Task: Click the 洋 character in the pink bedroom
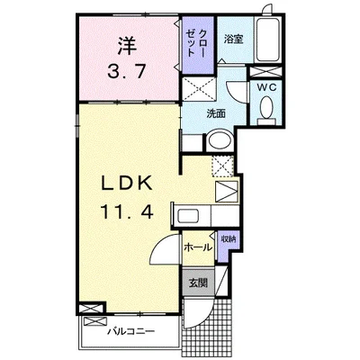(x=127, y=46)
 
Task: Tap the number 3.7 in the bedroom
(x=127, y=72)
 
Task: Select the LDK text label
(x=127, y=184)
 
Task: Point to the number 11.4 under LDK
(x=127, y=211)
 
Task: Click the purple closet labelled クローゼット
(x=198, y=45)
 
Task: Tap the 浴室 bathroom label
(x=233, y=40)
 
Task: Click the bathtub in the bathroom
(x=267, y=40)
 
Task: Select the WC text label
(x=266, y=87)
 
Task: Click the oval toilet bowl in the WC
(x=265, y=106)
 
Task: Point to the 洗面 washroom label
(x=216, y=114)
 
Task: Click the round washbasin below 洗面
(x=220, y=140)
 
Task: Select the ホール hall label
(x=198, y=247)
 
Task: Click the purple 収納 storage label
(x=229, y=239)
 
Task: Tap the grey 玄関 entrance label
(x=198, y=283)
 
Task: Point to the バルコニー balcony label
(x=131, y=331)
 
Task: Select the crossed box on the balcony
(x=95, y=322)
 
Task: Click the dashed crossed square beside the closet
(x=199, y=89)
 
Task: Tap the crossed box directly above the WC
(x=265, y=72)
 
